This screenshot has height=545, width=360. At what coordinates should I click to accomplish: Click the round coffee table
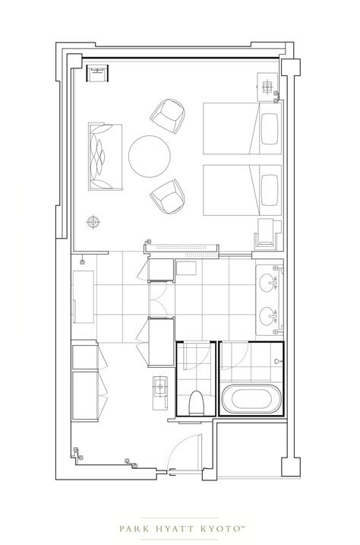(150, 157)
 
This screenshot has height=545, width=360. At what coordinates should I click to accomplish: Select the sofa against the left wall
(105, 157)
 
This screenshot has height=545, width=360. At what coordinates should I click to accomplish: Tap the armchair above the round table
(168, 115)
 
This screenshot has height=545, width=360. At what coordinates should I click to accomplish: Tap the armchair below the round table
(168, 196)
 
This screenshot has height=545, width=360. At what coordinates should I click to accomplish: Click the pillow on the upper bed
(270, 128)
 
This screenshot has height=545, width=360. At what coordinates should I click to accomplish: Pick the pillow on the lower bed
(270, 190)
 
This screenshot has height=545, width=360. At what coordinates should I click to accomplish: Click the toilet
(197, 403)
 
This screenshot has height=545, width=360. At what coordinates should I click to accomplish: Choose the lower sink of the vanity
(267, 316)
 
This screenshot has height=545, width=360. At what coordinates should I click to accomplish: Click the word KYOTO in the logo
(221, 529)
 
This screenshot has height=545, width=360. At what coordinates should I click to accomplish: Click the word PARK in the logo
(134, 529)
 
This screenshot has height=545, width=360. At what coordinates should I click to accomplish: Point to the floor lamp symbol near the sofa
(93, 222)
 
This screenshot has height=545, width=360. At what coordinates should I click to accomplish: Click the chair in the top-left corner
(97, 73)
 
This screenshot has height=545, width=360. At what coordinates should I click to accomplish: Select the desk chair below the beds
(267, 235)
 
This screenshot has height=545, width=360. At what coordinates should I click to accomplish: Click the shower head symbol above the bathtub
(276, 361)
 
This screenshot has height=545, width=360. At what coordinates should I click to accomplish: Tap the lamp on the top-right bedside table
(267, 87)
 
